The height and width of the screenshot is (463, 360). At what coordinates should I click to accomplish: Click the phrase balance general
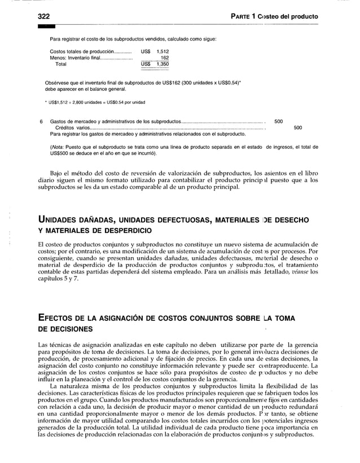[x=110, y=89]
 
